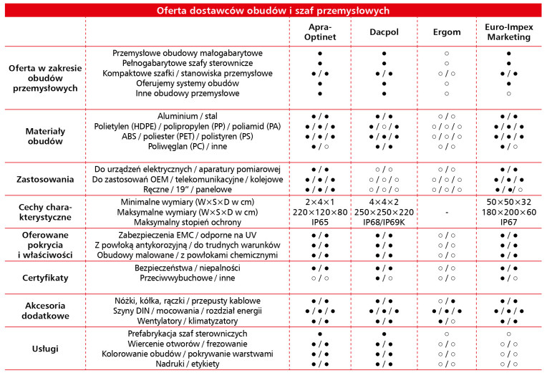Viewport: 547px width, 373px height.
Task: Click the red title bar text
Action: [273, 10]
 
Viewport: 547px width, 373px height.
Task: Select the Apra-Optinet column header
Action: [320, 32]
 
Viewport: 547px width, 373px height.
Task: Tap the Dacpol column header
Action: [384, 32]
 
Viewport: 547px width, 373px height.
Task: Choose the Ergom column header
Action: [446, 32]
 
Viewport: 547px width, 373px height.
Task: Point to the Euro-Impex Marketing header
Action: [508, 32]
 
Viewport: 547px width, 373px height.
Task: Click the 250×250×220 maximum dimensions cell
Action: [384, 213]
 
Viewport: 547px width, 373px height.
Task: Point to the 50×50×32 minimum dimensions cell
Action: [508, 203]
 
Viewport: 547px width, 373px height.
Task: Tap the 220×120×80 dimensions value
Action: [320, 213]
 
